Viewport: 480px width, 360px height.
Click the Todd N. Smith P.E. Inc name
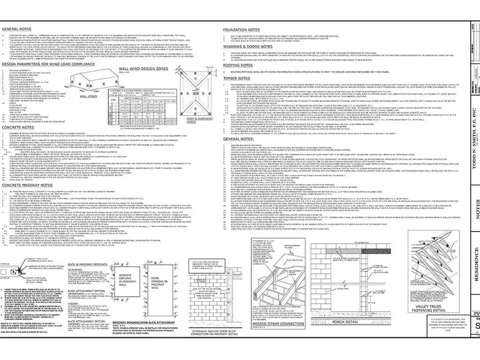tap(471, 105)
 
